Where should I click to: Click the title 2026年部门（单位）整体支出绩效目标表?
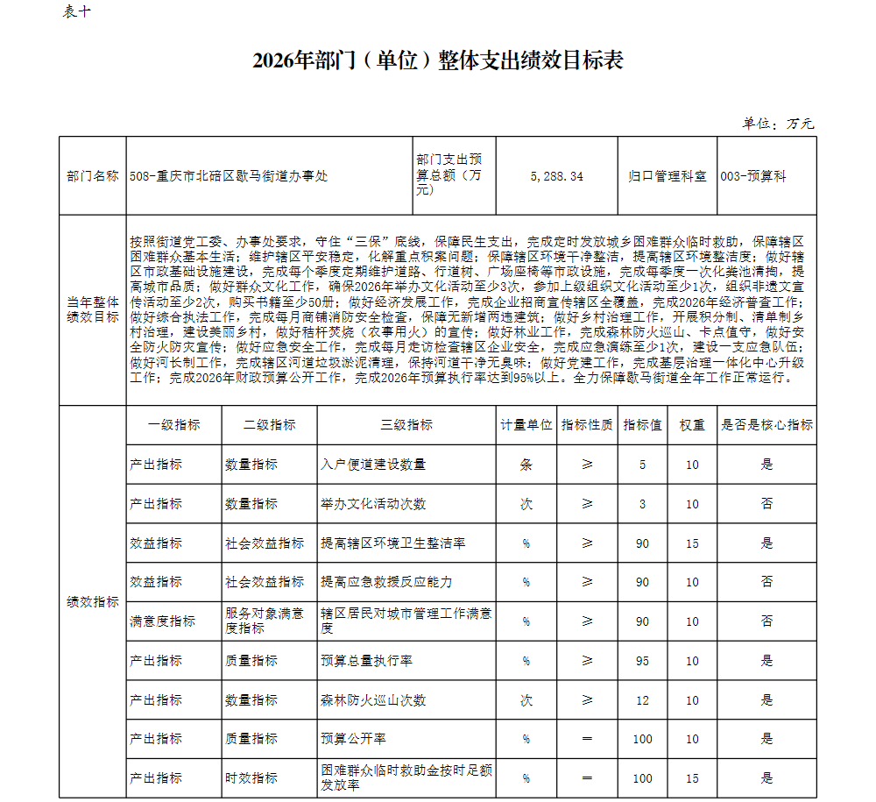pyautogui.click(x=437, y=60)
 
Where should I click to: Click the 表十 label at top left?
pyautogui.click(x=76, y=11)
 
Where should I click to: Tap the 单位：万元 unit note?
pyautogui.click(x=779, y=124)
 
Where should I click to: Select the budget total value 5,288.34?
pyautogui.click(x=556, y=176)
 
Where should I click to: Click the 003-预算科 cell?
pyautogui.click(x=753, y=176)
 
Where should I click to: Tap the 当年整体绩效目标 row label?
pyautogui.click(x=93, y=309)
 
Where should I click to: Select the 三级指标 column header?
pyautogui.click(x=406, y=425)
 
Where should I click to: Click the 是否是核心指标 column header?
pyautogui.click(x=766, y=425)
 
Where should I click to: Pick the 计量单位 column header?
pyautogui.click(x=526, y=425)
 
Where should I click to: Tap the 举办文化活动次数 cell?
pyautogui.click(x=373, y=504)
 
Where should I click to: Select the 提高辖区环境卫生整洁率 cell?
pyautogui.click(x=392, y=543)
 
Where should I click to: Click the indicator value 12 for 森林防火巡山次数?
pyautogui.click(x=643, y=700)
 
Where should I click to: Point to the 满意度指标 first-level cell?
pyautogui.click(x=162, y=621)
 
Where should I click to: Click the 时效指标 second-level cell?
pyautogui.click(x=251, y=778)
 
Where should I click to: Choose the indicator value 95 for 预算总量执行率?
pyautogui.click(x=643, y=661)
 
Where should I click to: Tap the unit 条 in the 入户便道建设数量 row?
pyautogui.click(x=526, y=465)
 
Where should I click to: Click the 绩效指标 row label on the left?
pyautogui.click(x=93, y=602)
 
